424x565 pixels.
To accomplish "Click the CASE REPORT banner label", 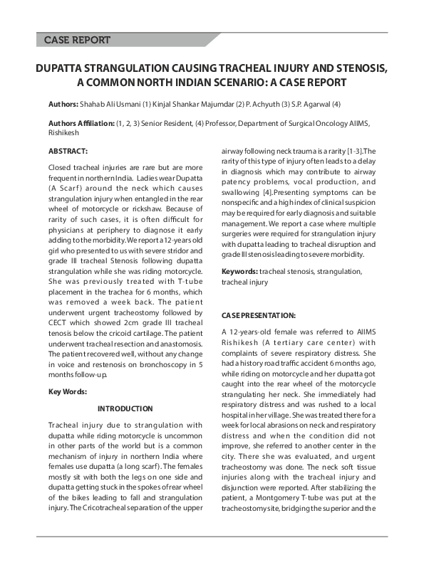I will point(76,40).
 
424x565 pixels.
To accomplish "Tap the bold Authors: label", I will point(63,104).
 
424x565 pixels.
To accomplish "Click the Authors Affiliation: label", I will point(81,123).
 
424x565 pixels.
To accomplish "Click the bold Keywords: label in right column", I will point(239,272).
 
